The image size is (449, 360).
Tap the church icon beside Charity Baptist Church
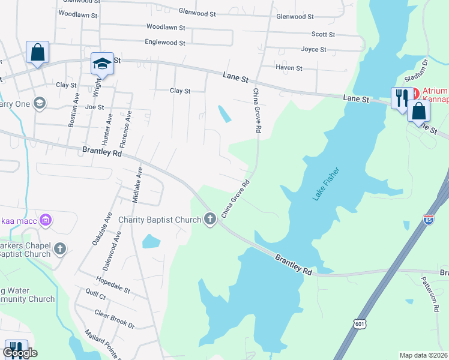click(210, 220)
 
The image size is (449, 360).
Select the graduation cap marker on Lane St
click(102, 64)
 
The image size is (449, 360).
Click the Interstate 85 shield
click(429, 220)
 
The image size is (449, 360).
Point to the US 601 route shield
click(359, 324)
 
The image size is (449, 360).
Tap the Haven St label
click(289, 68)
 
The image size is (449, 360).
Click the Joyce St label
click(313, 49)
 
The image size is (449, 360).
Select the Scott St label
click(323, 35)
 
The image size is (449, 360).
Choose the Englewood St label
click(165, 42)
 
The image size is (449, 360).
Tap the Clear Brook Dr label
click(115, 318)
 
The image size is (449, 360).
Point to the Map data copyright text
click(423, 355)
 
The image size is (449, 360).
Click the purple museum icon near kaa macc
click(46, 221)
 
